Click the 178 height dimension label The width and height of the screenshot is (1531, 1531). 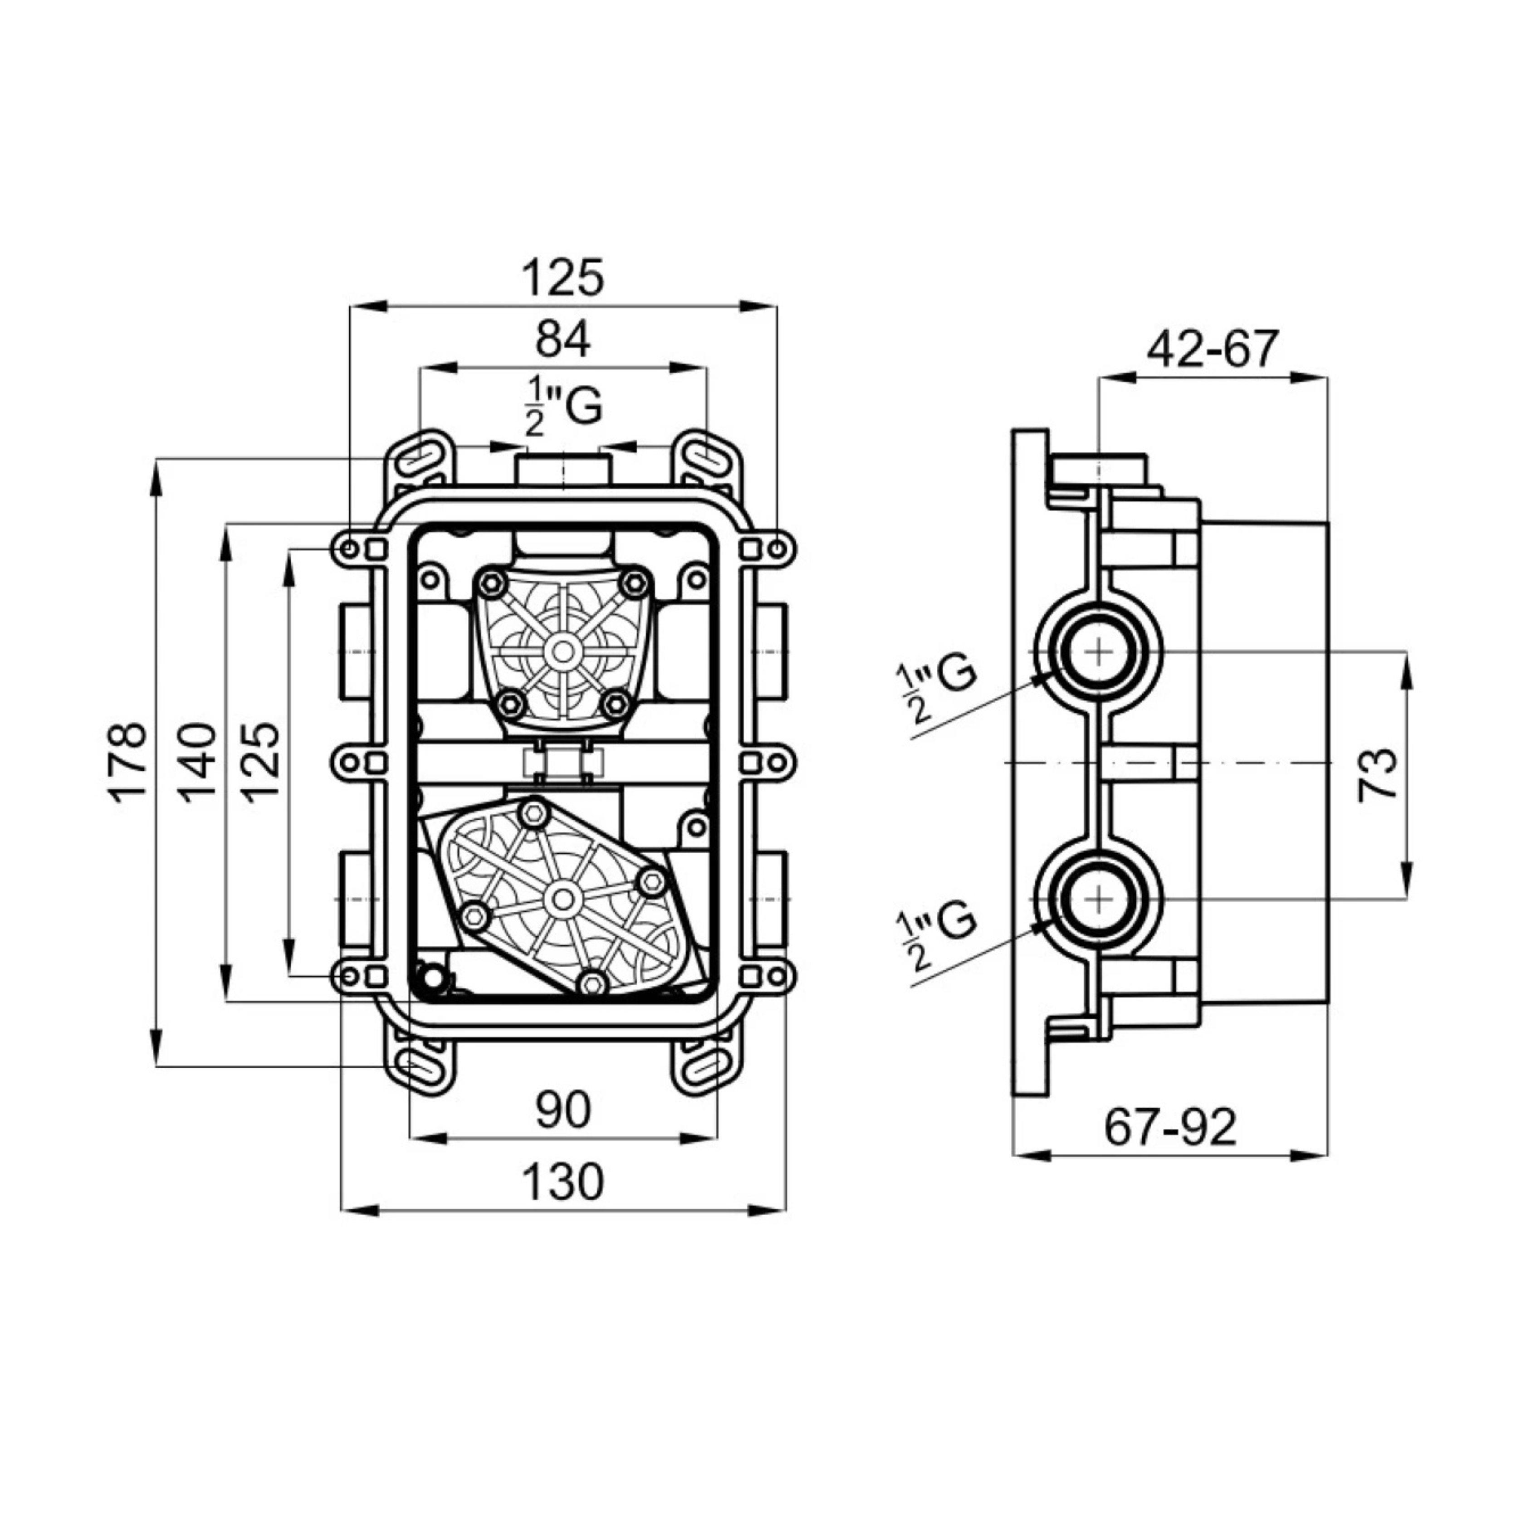pyautogui.click(x=127, y=763)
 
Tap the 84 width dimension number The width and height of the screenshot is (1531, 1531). pyautogui.click(x=563, y=340)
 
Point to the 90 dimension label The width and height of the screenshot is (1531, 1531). pyautogui.click(x=563, y=1110)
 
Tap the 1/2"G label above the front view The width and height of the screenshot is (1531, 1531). pyautogui.click(x=563, y=406)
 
